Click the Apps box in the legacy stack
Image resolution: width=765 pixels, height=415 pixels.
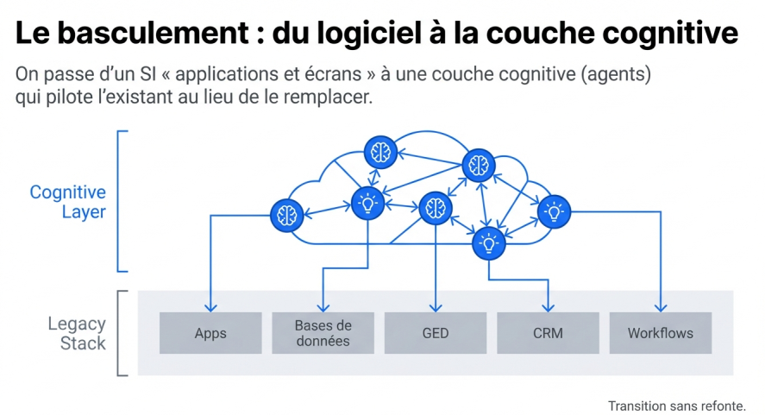coord(210,333)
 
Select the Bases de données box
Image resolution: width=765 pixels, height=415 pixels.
coord(323,333)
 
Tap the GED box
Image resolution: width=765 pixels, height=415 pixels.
coord(436,333)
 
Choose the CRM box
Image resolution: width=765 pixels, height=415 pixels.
coord(548,333)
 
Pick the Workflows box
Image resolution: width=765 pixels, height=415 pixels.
coord(660,333)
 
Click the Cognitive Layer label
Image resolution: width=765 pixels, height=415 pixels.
coord(67,202)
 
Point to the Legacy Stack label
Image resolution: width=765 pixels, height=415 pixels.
coord(77,333)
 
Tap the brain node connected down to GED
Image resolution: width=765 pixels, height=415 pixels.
coord(435,208)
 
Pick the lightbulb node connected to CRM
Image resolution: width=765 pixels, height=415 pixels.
coord(488,244)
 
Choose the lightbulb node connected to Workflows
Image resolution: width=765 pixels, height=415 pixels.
coord(553,211)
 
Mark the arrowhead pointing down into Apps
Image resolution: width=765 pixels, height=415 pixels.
coord(210,307)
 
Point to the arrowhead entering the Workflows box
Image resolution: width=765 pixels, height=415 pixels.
coord(661,307)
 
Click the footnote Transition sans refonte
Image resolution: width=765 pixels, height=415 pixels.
coord(676,405)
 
